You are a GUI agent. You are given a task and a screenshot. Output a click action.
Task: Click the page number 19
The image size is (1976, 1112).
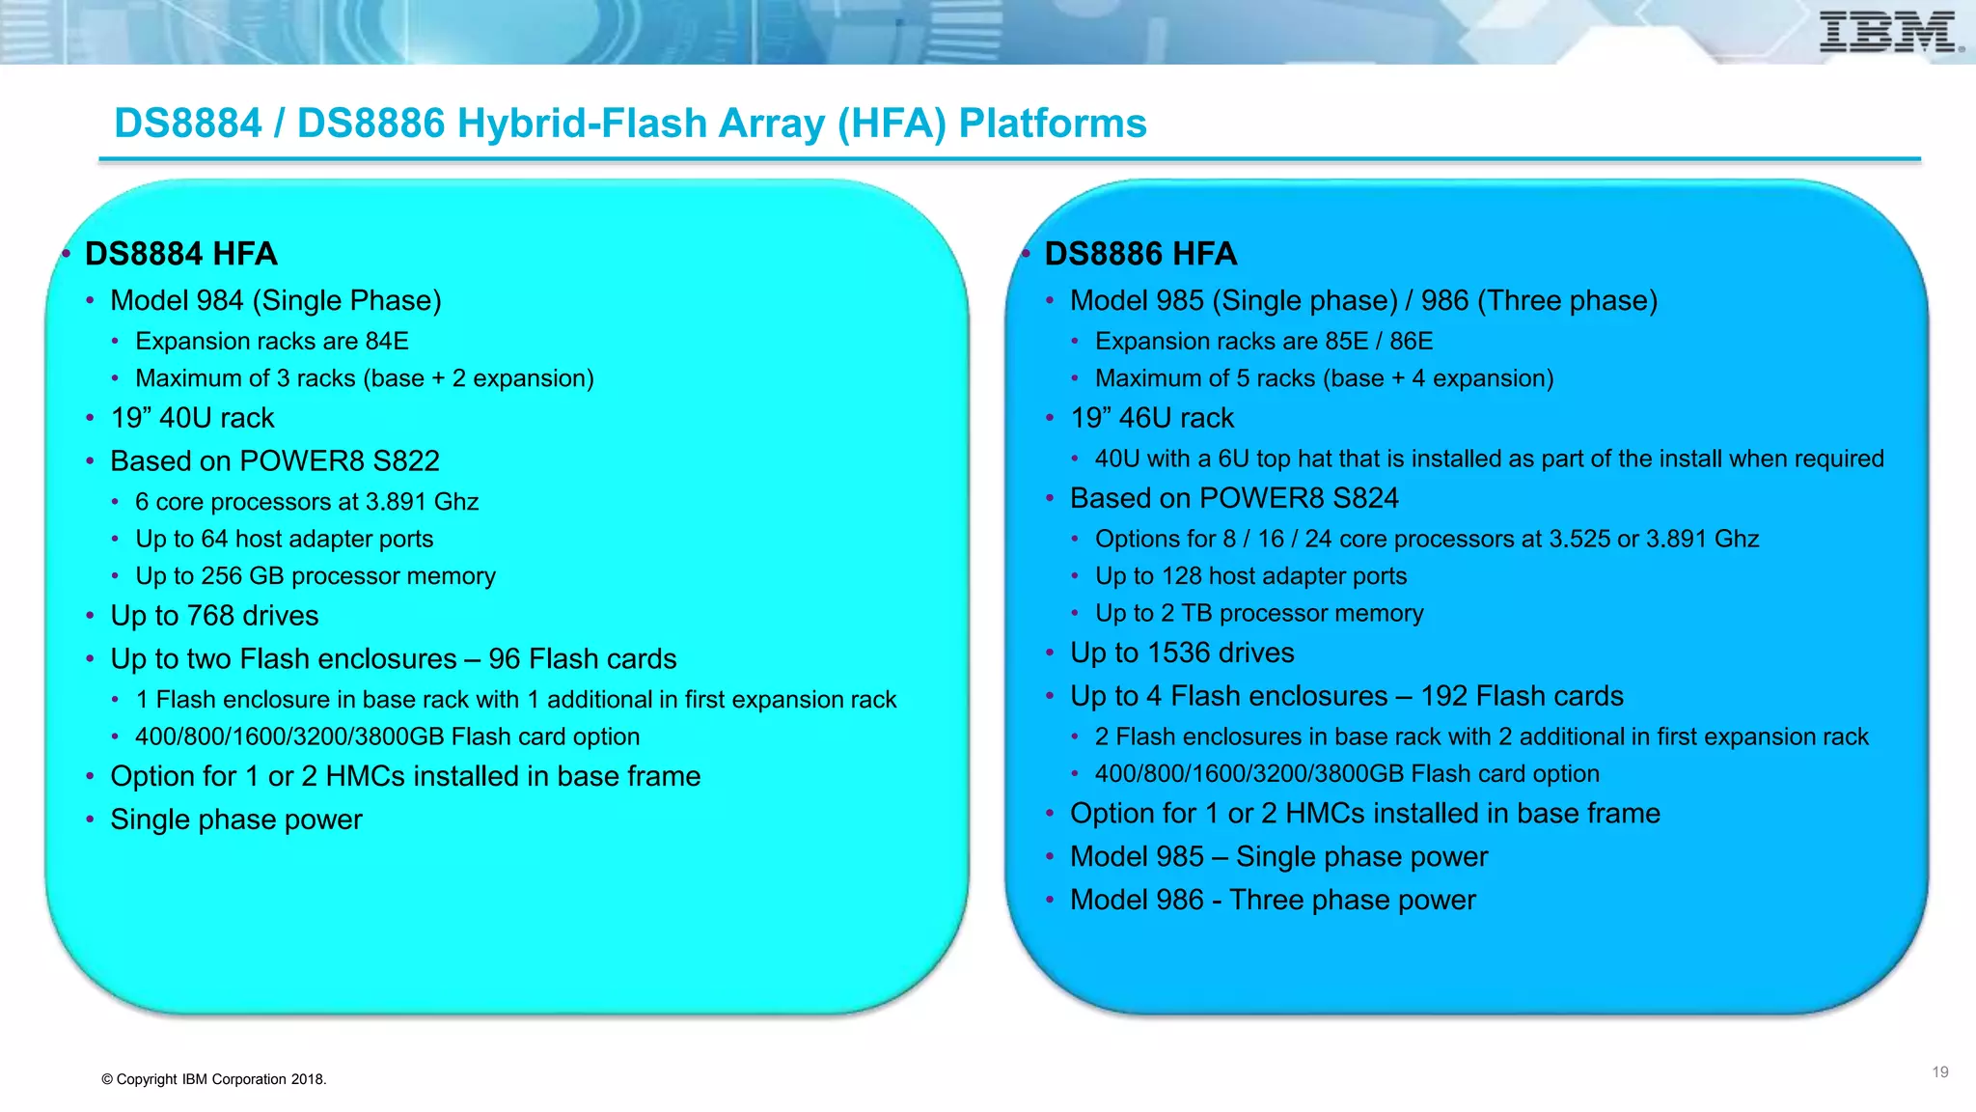[1939, 1072]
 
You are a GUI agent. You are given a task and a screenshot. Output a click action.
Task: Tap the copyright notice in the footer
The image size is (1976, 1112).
[214, 1079]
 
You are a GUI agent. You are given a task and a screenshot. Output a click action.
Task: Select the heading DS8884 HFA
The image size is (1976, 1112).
[180, 254]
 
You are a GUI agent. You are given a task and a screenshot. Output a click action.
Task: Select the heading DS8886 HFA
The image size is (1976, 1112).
[1140, 254]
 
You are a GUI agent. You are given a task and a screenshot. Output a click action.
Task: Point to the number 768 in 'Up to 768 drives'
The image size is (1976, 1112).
[209, 616]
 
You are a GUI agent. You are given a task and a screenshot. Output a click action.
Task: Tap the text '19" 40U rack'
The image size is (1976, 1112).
[192, 418]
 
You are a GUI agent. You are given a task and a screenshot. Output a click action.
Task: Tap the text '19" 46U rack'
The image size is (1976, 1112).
[1152, 418]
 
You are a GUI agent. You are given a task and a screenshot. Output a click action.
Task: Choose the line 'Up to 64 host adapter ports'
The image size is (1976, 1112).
[284, 539]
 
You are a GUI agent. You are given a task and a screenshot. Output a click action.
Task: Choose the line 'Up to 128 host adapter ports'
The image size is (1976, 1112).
[1250, 576]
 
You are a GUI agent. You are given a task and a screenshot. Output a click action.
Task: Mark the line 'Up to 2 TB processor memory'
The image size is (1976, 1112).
[1259, 613]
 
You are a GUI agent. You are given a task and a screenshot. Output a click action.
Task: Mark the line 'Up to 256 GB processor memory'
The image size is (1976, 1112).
[315, 576]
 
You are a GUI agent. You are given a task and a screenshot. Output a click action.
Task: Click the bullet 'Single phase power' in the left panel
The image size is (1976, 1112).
[236, 820]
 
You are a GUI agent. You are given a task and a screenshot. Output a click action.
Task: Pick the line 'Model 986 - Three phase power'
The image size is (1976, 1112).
[1273, 900]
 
